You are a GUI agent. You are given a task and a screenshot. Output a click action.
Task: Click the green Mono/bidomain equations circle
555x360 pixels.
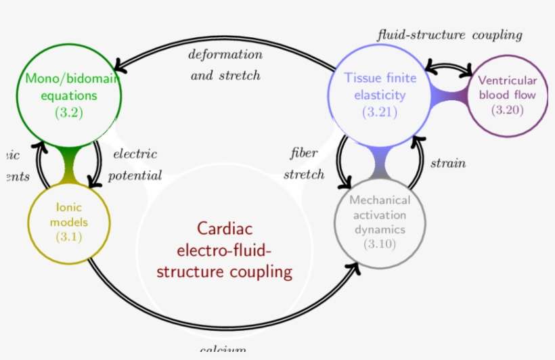tap(69, 95)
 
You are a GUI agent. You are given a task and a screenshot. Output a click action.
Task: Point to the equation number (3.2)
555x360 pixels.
tap(69, 112)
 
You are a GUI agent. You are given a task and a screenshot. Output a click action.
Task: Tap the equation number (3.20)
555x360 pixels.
tap(507, 110)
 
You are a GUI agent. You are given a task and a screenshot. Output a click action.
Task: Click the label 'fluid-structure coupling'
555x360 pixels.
tap(449, 35)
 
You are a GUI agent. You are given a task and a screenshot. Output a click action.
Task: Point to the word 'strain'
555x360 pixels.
tap(448, 164)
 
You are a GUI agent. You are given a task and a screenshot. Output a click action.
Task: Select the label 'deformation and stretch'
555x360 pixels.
tap(225, 65)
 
